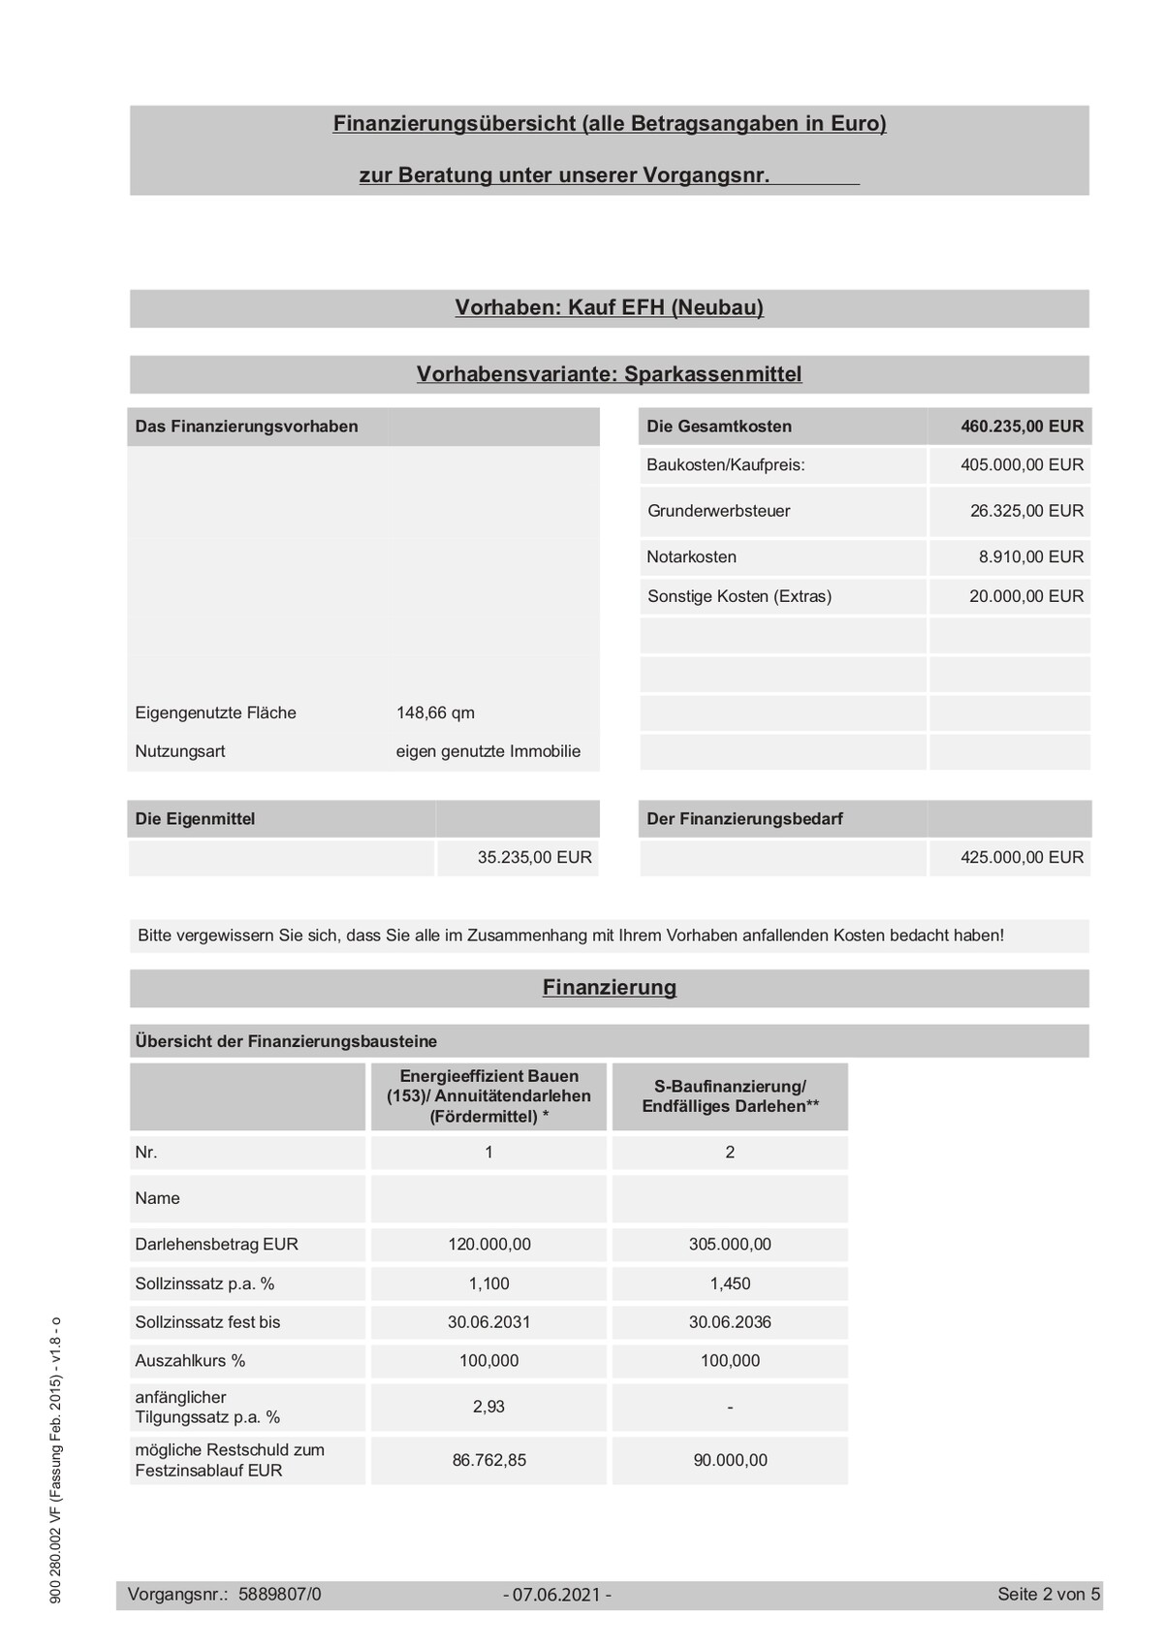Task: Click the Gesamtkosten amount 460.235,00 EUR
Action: pos(1022,427)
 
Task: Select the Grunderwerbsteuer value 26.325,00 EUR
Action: pos(1026,511)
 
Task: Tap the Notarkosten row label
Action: pos(691,557)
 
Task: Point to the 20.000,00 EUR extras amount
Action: pos(1026,596)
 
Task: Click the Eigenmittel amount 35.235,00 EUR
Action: pos(534,858)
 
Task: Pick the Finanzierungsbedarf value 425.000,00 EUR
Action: pos(1022,858)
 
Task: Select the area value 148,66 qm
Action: pos(435,713)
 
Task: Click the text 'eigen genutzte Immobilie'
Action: pos(488,752)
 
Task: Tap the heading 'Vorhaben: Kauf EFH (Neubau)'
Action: pos(609,308)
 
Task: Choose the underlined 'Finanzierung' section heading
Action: pos(609,988)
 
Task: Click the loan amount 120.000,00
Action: pos(488,1245)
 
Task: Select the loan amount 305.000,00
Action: pos(730,1245)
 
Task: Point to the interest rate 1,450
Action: pos(730,1284)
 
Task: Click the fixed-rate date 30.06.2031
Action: pos(488,1322)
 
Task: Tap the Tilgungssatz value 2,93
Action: pos(488,1407)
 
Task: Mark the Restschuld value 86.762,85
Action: pos(488,1461)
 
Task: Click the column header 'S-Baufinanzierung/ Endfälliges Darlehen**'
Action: pos(730,1096)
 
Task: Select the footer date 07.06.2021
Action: pos(557,1595)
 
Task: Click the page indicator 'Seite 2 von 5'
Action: pos(1049,1595)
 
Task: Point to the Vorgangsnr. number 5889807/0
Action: pos(279,1595)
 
